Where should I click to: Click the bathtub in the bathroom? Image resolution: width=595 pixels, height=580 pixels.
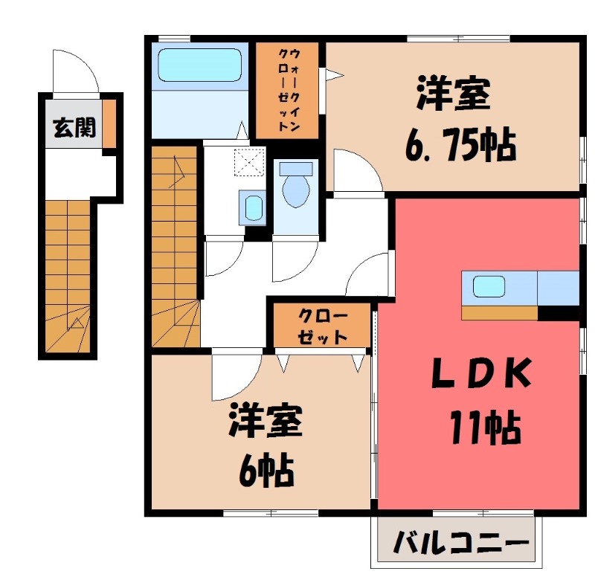coord(200,65)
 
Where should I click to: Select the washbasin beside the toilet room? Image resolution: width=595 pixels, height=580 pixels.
coord(253,207)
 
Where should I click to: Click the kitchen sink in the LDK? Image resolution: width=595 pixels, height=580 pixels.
coord(488,287)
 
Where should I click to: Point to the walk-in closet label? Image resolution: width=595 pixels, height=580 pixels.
coord(288,90)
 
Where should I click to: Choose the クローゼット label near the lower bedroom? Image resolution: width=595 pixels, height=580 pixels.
coord(321,326)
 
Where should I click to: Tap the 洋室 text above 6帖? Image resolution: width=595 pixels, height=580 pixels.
coord(264,422)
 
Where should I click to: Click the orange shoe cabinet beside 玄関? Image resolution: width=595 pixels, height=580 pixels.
coord(109,122)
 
